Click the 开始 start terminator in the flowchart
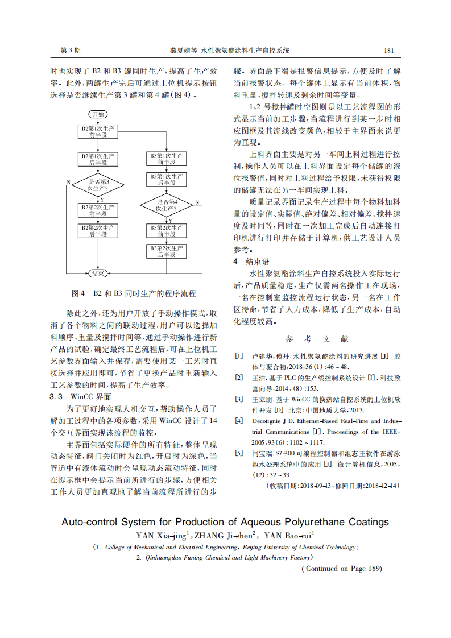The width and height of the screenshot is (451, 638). tap(98, 114)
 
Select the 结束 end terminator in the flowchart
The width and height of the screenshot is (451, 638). tap(98, 274)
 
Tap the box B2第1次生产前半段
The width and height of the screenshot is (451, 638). tap(98, 131)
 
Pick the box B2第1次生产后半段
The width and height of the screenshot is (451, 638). tap(98, 159)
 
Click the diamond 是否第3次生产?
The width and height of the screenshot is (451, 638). tap(98, 185)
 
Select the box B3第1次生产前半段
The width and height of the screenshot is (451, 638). tap(167, 159)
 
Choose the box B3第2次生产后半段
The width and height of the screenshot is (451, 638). tap(167, 251)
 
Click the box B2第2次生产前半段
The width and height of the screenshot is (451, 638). tap(98, 210)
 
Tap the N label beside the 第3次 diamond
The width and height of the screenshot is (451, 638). tap(69, 182)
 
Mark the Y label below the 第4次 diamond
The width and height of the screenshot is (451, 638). tap(170, 220)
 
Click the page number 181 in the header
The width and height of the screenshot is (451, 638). tap(389, 51)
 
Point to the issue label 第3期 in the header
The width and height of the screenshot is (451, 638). tap(71, 51)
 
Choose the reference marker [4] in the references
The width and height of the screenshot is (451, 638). tap(239, 421)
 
